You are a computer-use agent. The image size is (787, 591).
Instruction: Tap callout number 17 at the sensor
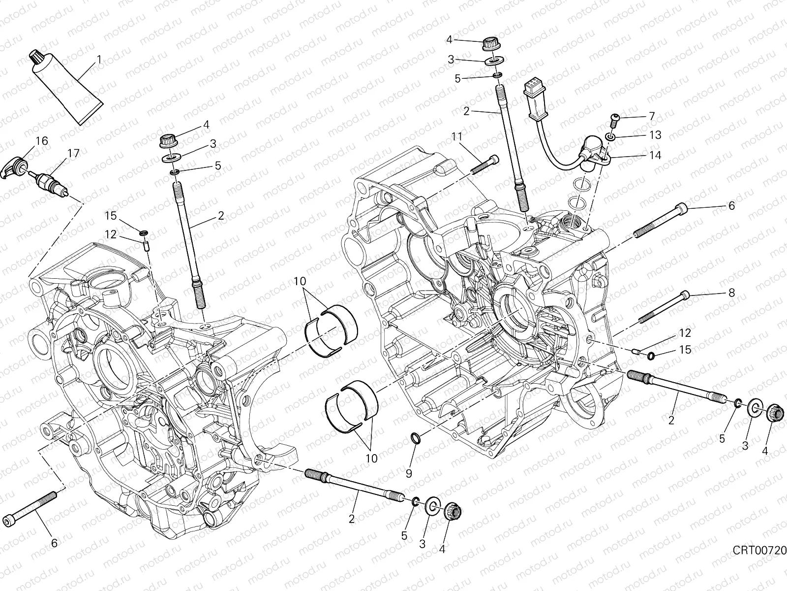73,153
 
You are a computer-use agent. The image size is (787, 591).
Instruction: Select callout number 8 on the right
731,293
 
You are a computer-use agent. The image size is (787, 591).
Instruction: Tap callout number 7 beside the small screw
652,116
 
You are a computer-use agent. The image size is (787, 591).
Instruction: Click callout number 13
655,134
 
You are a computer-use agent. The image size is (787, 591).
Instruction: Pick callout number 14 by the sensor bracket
655,155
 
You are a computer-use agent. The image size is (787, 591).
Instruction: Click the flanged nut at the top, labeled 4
490,44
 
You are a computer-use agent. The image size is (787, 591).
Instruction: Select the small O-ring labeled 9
415,437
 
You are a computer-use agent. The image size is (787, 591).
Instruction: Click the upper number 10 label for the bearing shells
301,282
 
